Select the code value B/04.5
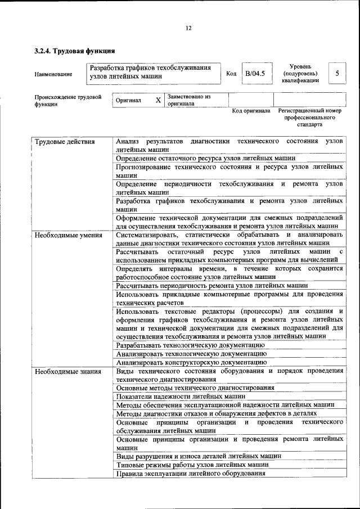tap(255, 74)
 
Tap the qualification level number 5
tap(337, 74)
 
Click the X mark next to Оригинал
tap(158, 100)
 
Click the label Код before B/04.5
tap(231, 74)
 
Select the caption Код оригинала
tap(251, 111)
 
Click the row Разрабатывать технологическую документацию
tap(190, 345)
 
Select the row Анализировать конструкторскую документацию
tap(191, 363)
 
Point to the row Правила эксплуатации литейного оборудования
tap(190, 474)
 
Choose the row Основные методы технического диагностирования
tap(195, 388)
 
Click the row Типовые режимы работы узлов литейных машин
tap(192, 465)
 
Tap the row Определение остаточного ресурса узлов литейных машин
tap(205, 158)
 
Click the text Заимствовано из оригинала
tap(188, 100)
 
